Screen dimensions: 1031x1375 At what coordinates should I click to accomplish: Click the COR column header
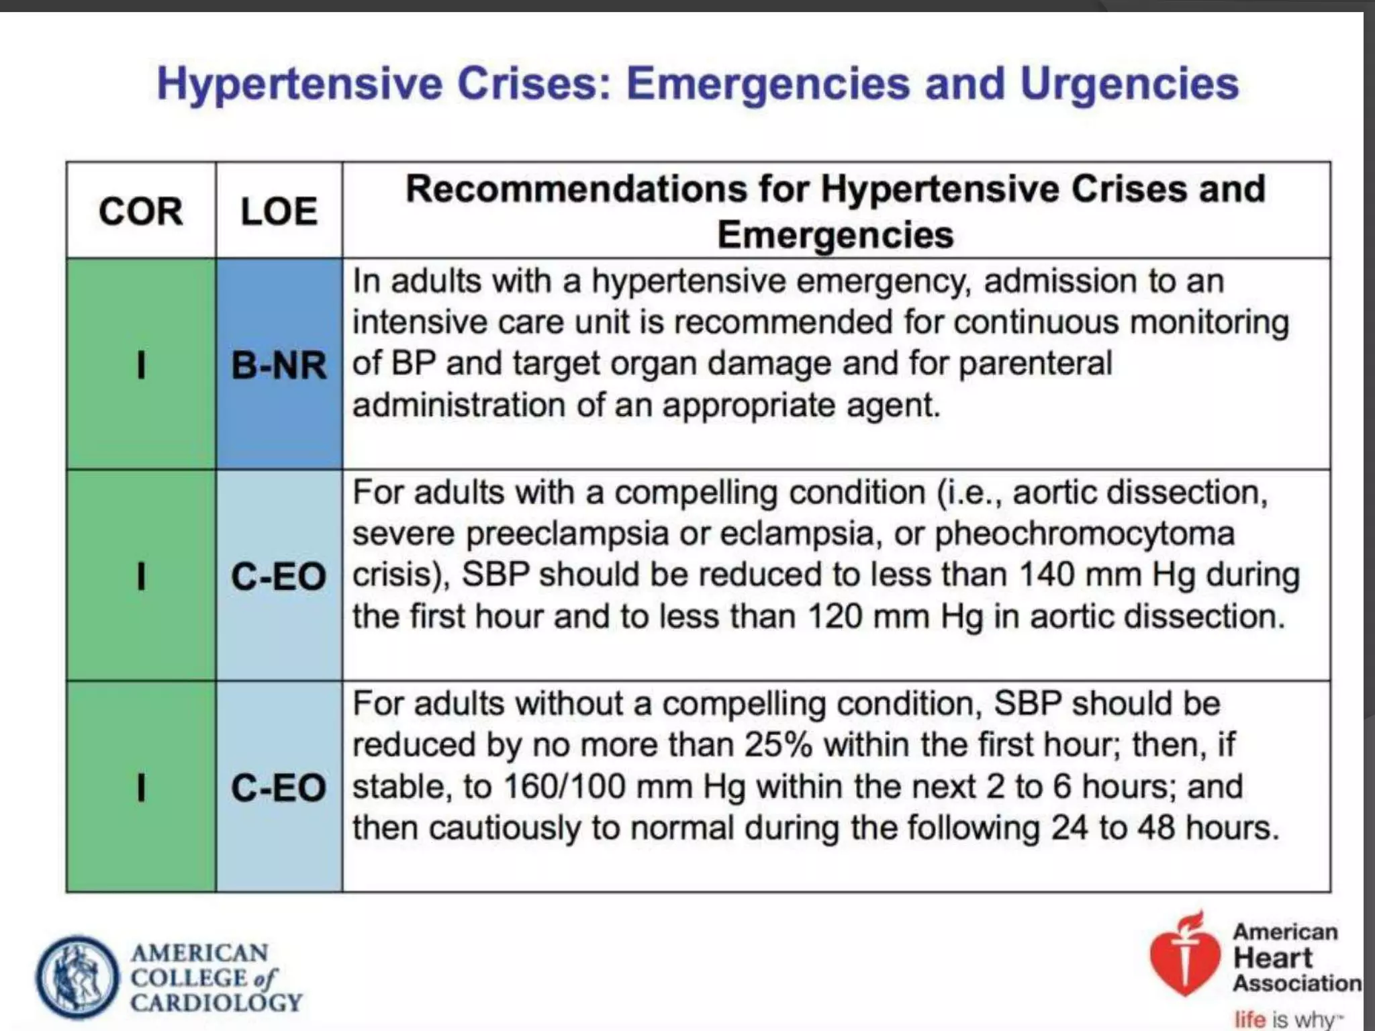coord(140,211)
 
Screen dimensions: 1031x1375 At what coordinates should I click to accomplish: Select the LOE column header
coord(279,211)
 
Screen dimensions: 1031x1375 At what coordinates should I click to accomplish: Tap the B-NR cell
coord(279,366)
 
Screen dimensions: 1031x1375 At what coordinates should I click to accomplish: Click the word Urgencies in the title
coord(1129,84)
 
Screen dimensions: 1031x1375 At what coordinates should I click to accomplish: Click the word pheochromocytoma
coord(1084,534)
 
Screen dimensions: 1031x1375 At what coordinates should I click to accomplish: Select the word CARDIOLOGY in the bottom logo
coord(216,1003)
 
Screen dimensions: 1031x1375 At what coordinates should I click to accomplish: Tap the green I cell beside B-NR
coord(140,366)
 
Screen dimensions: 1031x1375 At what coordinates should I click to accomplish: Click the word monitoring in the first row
coord(1209,322)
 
